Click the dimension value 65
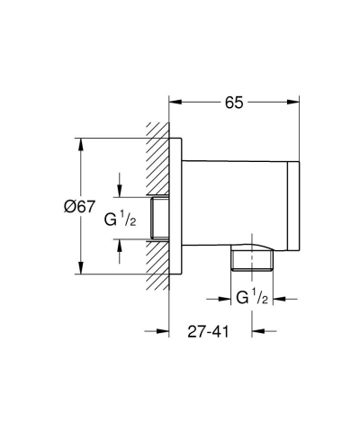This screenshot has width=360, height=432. (x=233, y=103)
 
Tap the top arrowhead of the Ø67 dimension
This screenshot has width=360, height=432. (x=82, y=141)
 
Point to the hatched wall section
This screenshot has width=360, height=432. (x=157, y=162)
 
